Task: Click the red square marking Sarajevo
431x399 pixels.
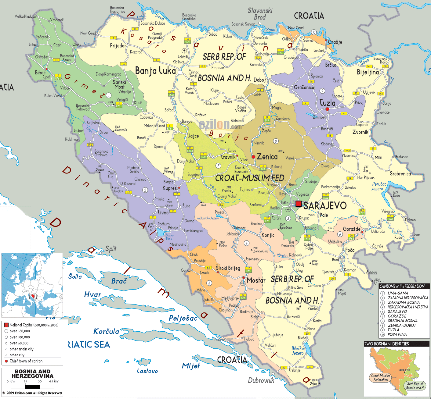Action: [x=299, y=204]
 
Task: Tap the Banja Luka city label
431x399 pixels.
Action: [x=155, y=71]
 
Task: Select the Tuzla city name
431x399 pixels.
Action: [x=327, y=103]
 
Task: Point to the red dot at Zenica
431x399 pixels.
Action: [x=253, y=157]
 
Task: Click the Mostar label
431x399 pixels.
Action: [x=256, y=280]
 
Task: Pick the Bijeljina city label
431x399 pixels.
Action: [x=368, y=72]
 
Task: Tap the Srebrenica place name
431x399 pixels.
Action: [x=400, y=174]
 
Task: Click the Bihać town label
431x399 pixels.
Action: [x=40, y=73]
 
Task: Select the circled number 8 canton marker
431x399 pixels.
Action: [x=276, y=141]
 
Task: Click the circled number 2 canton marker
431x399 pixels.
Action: [x=145, y=190]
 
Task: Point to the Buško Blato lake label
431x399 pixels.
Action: [x=169, y=237]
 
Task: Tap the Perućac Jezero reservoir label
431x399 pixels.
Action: [x=379, y=186]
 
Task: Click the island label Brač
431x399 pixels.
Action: [x=119, y=281]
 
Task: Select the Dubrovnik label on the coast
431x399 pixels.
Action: [x=261, y=380]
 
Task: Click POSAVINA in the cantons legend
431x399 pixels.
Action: [x=397, y=334]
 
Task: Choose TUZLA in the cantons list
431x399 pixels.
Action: [x=393, y=330]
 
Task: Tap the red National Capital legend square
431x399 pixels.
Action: [x=6, y=325]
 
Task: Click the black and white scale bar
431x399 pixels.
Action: [x=32, y=387]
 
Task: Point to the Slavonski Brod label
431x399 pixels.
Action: [x=260, y=14]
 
